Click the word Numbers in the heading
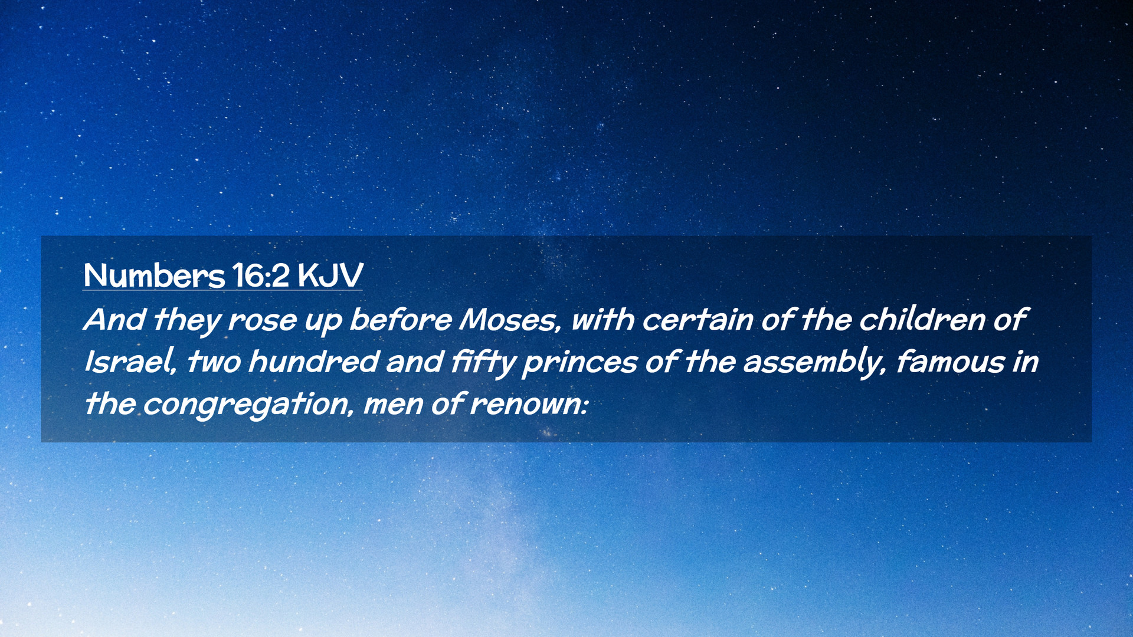tap(154, 275)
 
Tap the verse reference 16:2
tap(261, 275)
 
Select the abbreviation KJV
tap(330, 275)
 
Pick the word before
tap(400, 320)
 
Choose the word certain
tap(697, 320)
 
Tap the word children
tap(922, 320)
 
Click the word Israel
tap(130, 362)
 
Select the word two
tap(214, 362)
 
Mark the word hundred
tap(313, 362)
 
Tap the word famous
tap(950, 362)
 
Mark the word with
tap(602, 320)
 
